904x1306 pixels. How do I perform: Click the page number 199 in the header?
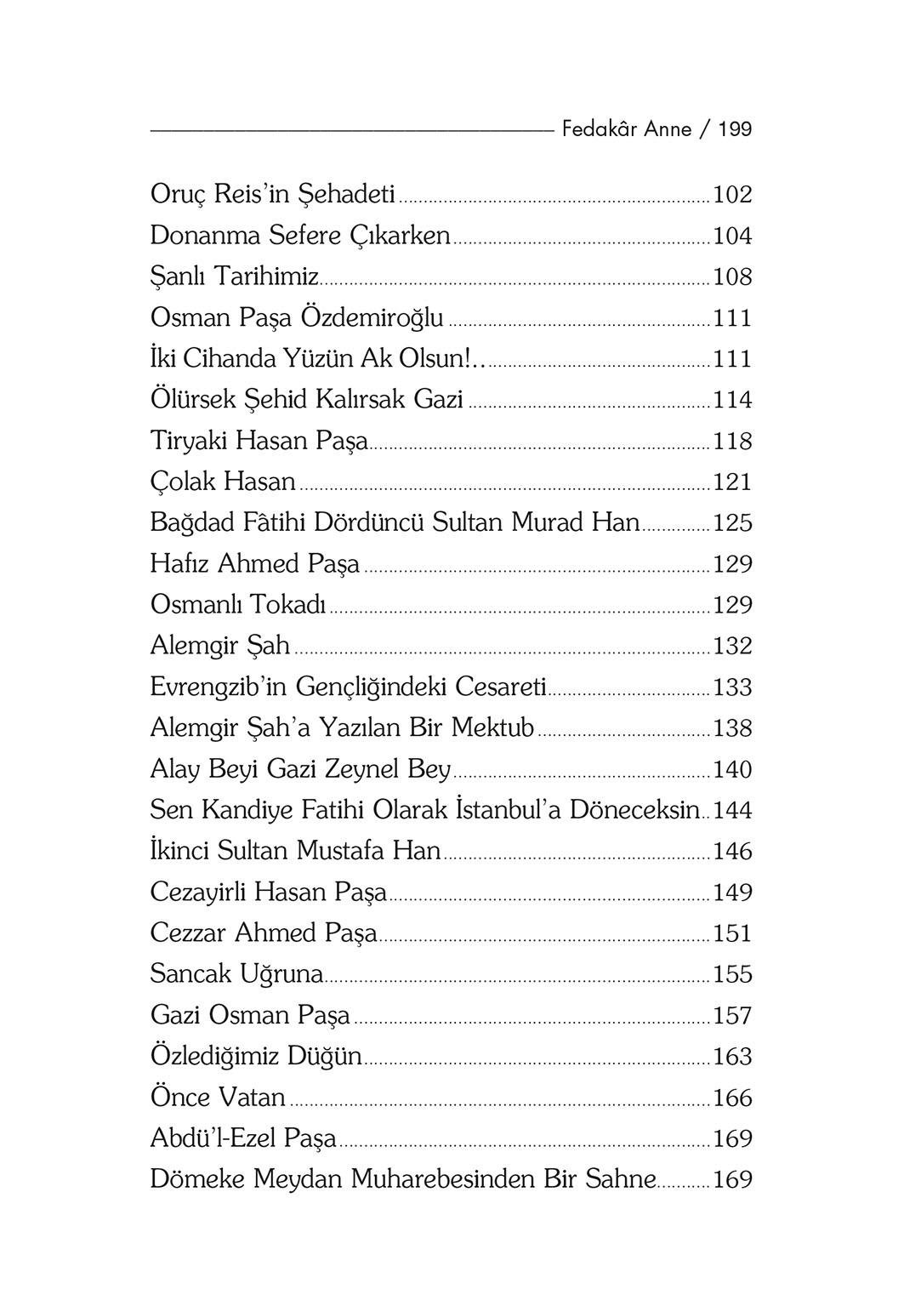(x=735, y=129)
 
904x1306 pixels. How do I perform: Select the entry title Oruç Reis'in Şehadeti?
(x=272, y=195)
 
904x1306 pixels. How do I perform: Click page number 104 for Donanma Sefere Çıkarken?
(x=732, y=236)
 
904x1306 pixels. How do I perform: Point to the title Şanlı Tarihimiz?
(x=235, y=277)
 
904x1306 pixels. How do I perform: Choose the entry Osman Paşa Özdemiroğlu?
(x=297, y=318)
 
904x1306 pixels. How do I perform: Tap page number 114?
(x=732, y=400)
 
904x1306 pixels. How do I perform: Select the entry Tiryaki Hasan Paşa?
(x=259, y=441)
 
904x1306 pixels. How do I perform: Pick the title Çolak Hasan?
(x=223, y=482)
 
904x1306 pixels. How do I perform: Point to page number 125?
(x=732, y=522)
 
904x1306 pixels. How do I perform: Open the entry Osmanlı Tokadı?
(x=238, y=605)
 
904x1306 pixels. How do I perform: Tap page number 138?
(x=732, y=728)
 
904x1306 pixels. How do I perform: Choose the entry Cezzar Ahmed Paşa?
(x=264, y=933)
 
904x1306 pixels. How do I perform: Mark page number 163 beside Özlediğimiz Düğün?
(x=732, y=1057)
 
